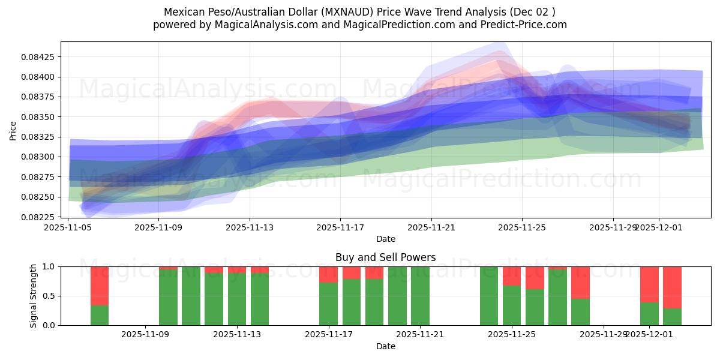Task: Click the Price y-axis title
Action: click(x=13, y=130)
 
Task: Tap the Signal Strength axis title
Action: click(x=34, y=296)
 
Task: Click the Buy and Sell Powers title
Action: click(x=385, y=257)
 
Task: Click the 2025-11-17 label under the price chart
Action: click(x=340, y=227)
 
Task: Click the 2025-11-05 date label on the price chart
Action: click(x=68, y=227)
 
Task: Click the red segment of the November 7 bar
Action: click(x=100, y=286)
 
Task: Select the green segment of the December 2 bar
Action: click(x=672, y=317)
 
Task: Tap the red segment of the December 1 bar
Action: click(x=649, y=284)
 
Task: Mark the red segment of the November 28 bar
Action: click(x=580, y=282)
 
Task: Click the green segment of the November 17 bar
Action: click(x=328, y=304)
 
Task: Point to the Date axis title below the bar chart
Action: click(x=385, y=346)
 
